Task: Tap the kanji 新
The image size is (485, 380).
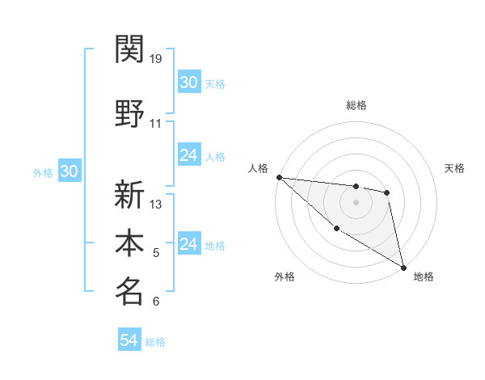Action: [129, 194]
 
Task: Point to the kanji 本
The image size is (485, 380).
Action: [129, 243]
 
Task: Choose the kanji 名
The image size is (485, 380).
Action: [129, 291]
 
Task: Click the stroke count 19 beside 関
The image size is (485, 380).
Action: [156, 58]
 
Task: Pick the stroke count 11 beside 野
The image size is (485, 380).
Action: [156, 124]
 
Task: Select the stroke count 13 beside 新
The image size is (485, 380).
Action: [156, 204]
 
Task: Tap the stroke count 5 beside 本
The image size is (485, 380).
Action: [156, 253]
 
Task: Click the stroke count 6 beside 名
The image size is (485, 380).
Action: [156, 302]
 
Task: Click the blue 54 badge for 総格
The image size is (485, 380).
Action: [129, 340]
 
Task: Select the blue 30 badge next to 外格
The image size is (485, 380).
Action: [69, 171]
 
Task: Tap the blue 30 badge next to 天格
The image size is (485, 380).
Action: [188, 82]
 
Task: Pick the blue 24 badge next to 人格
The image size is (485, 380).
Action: [188, 155]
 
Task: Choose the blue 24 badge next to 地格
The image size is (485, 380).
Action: [188, 244]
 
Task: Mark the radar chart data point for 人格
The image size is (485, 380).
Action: [279, 177]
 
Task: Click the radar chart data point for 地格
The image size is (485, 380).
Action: [403, 267]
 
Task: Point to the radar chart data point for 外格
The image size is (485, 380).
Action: [336, 229]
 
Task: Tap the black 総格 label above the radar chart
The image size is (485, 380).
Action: [356, 106]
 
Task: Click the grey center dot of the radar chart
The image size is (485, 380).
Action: [356, 202]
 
